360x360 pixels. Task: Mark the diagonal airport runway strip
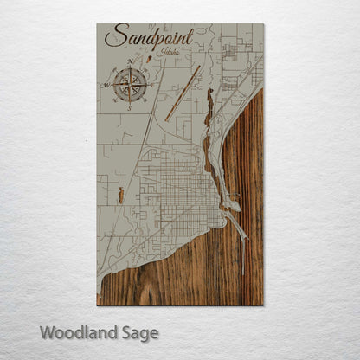(x=183, y=93)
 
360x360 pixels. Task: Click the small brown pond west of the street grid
(x=121, y=196)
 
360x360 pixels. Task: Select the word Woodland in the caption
(x=74, y=332)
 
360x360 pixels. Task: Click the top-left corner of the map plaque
(x=97, y=24)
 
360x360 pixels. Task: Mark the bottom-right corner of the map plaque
(x=262, y=305)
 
